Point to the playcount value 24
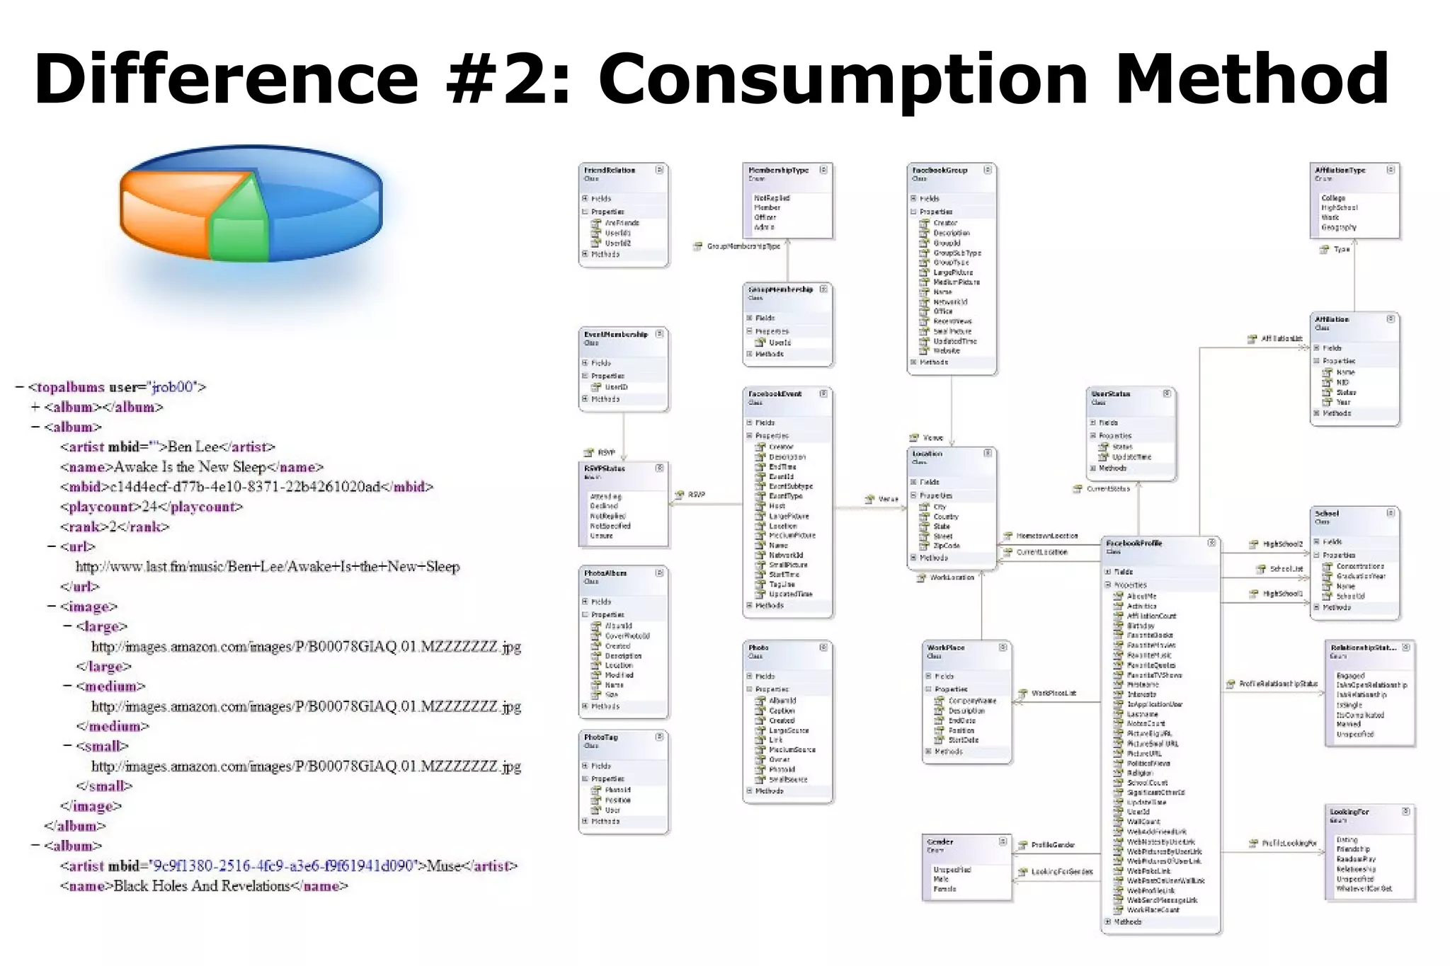coord(149,507)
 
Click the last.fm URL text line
coord(268,567)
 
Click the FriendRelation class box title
coord(610,171)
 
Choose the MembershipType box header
coord(778,171)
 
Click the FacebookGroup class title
coord(940,171)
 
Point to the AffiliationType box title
coord(1340,171)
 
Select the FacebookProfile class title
coord(1134,544)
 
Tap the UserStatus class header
coord(1110,394)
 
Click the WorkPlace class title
coord(945,648)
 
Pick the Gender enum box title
coord(940,842)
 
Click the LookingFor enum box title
coord(1349,812)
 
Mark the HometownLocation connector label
coord(1046,536)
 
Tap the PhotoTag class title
coord(601,737)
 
